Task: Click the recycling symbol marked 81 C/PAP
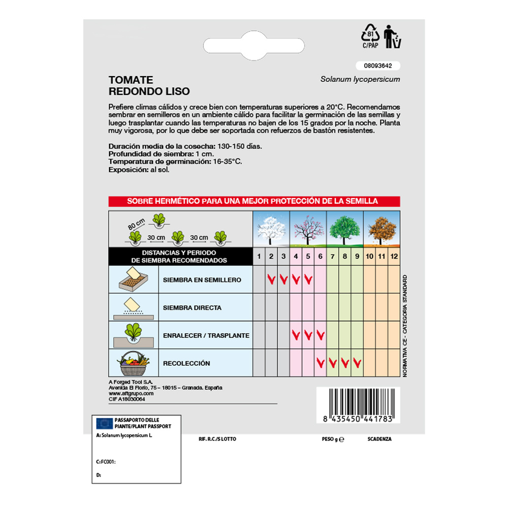click(370, 36)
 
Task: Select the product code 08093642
click(378, 66)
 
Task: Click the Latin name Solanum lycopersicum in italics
click(360, 79)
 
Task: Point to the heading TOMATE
click(131, 80)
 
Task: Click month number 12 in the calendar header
click(394, 256)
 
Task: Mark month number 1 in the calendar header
click(259, 256)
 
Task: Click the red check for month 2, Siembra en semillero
click(271, 279)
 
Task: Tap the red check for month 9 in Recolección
click(357, 363)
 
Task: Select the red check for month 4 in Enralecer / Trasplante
click(296, 335)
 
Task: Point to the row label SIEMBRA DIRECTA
click(192, 308)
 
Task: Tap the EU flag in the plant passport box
click(105, 423)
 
